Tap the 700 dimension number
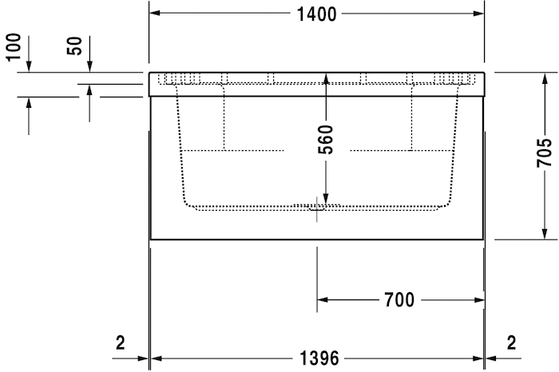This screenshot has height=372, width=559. (399, 300)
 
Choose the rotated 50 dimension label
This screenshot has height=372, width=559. (75, 46)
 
